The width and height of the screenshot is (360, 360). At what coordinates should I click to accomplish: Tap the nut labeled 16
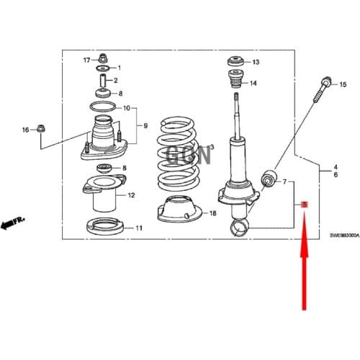[x=41, y=130]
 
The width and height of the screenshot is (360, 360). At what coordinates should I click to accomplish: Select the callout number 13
[x=256, y=63]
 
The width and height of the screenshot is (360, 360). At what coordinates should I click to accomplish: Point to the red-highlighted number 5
[x=305, y=205]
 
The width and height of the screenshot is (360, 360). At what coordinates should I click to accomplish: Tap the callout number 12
[x=131, y=195]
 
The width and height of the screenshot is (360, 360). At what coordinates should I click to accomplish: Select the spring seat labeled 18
[x=175, y=209]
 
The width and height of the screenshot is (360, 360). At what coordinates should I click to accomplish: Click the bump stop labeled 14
[x=235, y=83]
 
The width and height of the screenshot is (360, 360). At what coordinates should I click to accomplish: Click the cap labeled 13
[x=235, y=61]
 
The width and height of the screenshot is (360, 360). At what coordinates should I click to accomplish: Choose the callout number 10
[x=127, y=109]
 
